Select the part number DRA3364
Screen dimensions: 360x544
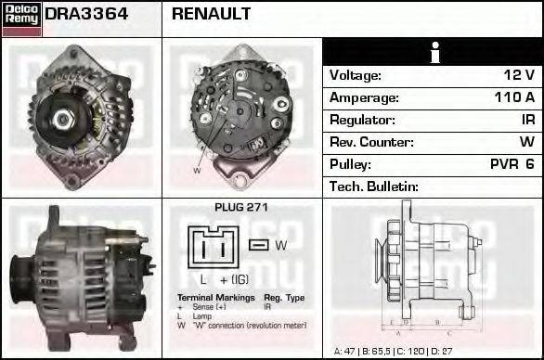point(86,14)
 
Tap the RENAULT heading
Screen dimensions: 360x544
point(211,14)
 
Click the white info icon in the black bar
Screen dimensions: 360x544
point(433,53)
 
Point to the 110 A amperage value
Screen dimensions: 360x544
point(513,97)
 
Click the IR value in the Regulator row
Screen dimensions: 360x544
point(527,120)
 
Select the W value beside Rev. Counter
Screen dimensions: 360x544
point(526,142)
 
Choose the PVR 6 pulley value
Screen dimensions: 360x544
point(512,164)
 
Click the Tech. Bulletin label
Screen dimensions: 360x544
point(373,186)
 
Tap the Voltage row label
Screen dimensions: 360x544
point(356,75)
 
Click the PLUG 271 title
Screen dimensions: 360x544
point(240,208)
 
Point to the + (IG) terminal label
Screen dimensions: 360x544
point(236,278)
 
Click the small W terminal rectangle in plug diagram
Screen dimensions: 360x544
point(260,245)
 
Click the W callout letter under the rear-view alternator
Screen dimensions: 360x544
point(197,171)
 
